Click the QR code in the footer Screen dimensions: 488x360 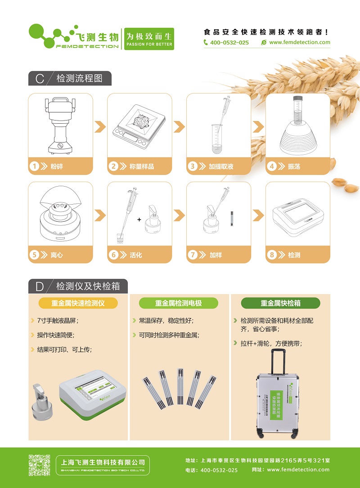click(40, 465)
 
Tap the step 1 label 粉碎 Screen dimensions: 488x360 click(57, 166)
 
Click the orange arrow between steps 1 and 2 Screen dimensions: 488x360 click(100, 127)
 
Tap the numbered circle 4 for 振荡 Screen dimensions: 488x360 click(272, 166)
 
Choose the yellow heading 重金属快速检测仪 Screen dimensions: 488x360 click(78, 303)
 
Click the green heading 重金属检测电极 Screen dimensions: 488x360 click(179, 303)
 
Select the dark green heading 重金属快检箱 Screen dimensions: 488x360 click(280, 303)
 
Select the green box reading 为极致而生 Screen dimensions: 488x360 click(149, 39)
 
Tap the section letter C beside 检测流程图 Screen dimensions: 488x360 click(40, 78)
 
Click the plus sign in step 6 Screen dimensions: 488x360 click(139, 219)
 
